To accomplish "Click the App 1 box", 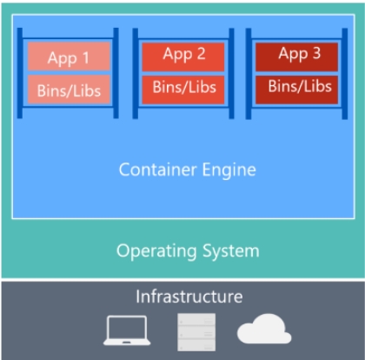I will (69, 57).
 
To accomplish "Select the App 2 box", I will (184, 55).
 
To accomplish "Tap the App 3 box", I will (299, 55).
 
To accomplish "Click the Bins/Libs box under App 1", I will (69, 89).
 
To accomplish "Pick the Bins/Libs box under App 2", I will (184, 86).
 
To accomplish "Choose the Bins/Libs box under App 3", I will (299, 86).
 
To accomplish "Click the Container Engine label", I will (188, 169).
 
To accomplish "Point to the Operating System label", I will (188, 251).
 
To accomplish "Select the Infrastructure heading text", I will (189, 297).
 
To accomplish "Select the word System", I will (229, 251).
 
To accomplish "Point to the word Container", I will (158, 169).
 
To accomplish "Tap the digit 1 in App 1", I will (85, 57).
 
